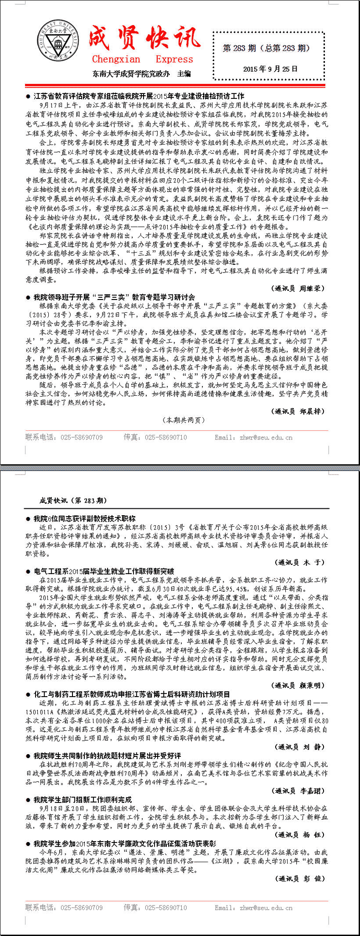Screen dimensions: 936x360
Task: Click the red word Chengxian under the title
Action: coord(116,59)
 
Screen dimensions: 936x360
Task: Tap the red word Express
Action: coord(174,59)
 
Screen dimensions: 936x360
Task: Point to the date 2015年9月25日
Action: coord(270,69)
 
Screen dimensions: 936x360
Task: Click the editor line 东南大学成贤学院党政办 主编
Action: coord(141,74)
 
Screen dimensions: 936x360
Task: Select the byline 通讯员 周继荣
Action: coord(299,289)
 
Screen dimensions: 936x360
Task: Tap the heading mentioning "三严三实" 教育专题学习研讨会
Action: coord(114,297)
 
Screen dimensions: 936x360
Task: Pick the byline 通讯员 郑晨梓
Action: coord(299,411)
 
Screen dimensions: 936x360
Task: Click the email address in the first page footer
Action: coord(253,438)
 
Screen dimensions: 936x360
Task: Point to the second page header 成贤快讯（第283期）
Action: coord(73,501)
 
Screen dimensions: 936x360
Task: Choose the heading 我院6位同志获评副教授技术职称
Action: coord(84,519)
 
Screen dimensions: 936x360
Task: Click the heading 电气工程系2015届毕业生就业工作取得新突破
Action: coord(104,571)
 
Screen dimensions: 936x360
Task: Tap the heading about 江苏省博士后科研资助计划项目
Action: coord(132,694)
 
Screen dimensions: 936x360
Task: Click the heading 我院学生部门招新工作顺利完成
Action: coord(82,800)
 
